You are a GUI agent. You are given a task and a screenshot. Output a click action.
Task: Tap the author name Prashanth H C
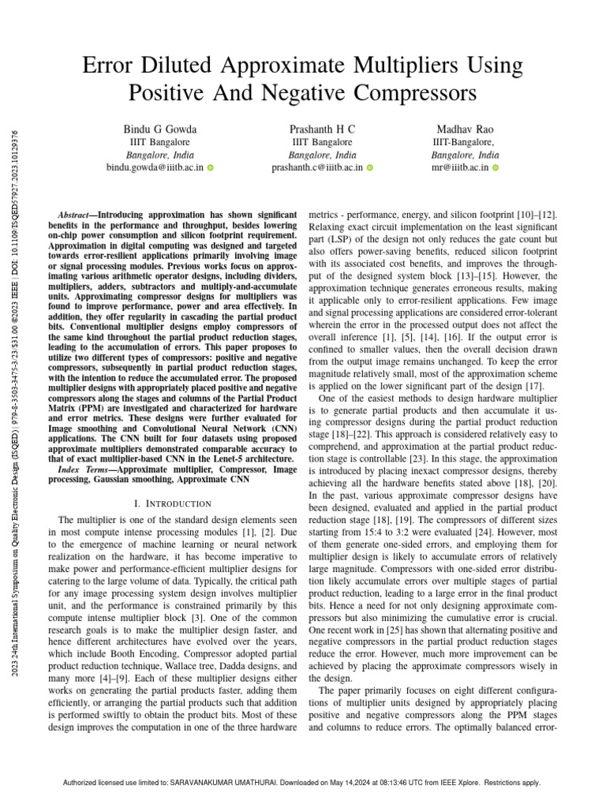322,129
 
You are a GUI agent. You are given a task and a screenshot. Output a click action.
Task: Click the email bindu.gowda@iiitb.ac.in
155,167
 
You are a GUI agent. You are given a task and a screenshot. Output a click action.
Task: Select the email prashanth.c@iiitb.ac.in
317,167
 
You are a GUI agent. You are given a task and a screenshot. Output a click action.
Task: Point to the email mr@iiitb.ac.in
459,167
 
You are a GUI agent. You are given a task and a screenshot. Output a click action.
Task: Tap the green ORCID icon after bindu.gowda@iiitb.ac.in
211,168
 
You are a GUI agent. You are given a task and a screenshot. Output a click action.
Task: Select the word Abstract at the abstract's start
77,215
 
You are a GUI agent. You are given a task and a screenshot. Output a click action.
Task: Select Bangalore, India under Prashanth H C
322,155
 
